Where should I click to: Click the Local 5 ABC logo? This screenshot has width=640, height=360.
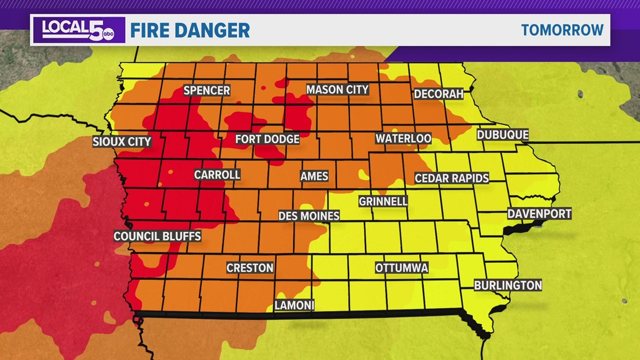pos(71,30)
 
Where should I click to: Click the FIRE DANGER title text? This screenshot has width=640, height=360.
pos(190,30)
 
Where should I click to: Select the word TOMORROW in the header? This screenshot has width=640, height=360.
pos(562,30)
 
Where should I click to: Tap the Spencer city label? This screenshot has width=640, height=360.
pos(207,90)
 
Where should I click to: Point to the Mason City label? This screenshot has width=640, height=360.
pos(337,89)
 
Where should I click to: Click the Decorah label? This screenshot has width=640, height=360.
pos(438,94)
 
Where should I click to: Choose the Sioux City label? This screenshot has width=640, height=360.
pos(122,142)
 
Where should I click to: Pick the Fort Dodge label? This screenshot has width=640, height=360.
pos(267,139)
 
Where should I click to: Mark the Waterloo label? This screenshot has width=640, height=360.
pos(403,138)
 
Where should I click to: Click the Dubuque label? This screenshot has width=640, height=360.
pos(502,135)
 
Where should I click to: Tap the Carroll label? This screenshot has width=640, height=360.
pos(217,175)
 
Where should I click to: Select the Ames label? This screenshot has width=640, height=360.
pos(314,176)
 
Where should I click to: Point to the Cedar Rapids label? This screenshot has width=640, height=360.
pos(451,179)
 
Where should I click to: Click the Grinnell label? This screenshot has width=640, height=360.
pos(383,201)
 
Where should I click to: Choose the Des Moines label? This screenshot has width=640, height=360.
pos(309,216)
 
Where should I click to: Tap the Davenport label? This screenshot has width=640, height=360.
pos(539,213)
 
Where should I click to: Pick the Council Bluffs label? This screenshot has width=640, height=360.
pos(157,236)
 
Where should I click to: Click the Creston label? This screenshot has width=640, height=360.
pos(250,268)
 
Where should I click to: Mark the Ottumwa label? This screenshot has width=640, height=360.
pos(401,268)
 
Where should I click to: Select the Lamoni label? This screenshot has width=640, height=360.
pos(294,306)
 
